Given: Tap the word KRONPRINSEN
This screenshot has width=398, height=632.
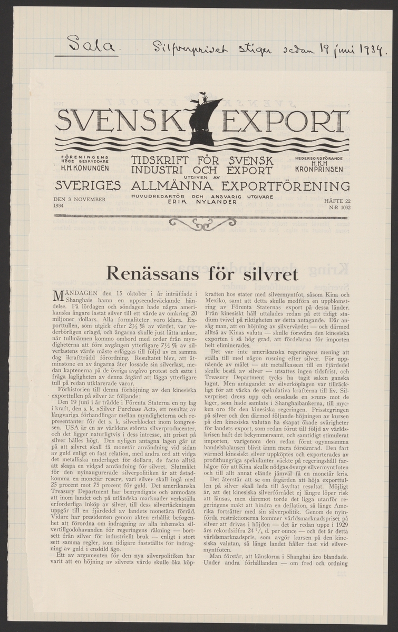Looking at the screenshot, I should point(321,170).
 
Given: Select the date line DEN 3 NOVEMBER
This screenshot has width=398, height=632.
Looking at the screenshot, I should point(80,200).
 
